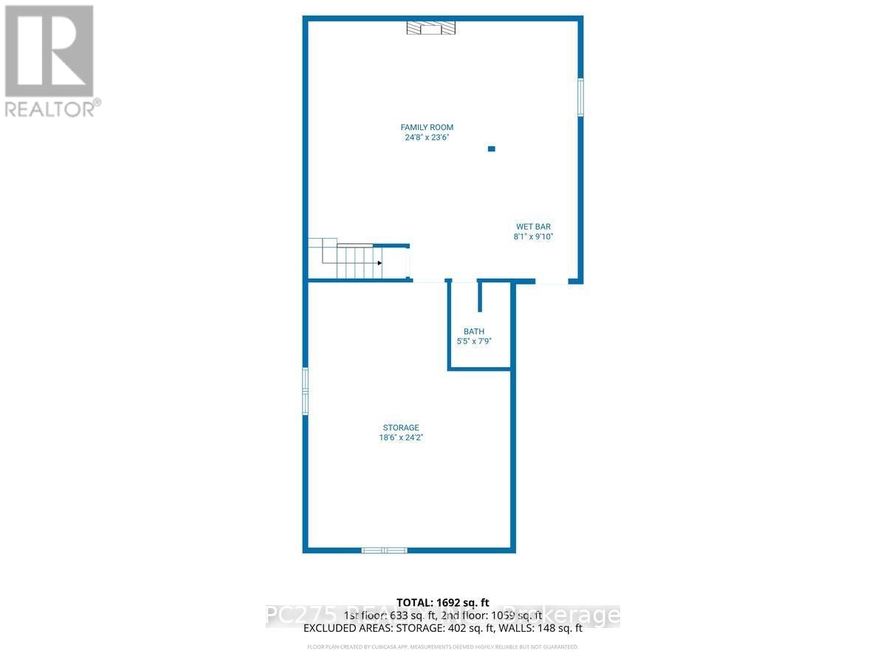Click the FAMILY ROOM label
click(x=427, y=127)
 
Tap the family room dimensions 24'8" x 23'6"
click(x=427, y=137)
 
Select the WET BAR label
click(x=533, y=227)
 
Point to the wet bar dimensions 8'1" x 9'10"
click(x=533, y=237)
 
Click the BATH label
click(x=474, y=332)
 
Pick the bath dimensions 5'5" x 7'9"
click(x=474, y=342)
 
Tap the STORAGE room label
click(x=401, y=428)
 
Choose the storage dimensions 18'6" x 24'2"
click(x=401, y=438)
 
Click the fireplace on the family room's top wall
click(x=431, y=28)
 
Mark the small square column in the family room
click(x=492, y=149)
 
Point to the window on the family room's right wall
click(x=580, y=97)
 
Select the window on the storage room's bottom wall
click(x=384, y=550)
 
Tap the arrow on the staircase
click(x=379, y=263)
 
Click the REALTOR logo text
click(x=52, y=109)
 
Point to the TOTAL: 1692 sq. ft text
click(x=443, y=602)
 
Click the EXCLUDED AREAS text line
click(x=443, y=629)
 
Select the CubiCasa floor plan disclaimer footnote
click(x=443, y=647)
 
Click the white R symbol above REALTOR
click(x=49, y=50)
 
